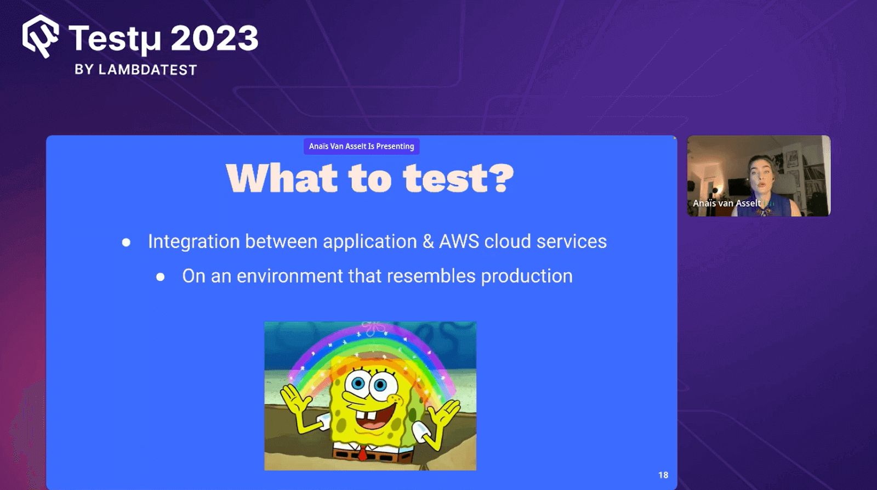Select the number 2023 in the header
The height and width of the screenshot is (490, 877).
tap(214, 38)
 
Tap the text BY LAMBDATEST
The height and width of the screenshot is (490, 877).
tap(135, 70)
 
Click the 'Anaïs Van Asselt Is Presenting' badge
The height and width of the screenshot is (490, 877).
tap(361, 147)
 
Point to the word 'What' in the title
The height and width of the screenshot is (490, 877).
tap(282, 178)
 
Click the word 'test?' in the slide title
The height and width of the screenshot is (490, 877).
tap(458, 178)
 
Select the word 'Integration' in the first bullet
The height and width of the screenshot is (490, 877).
tap(193, 241)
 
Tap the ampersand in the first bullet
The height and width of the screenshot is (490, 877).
tap(428, 241)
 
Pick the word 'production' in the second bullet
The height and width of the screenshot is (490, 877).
tap(526, 276)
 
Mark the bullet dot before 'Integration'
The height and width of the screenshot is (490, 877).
tap(126, 243)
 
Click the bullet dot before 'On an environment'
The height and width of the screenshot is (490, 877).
tap(160, 277)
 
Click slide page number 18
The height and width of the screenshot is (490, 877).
tap(663, 475)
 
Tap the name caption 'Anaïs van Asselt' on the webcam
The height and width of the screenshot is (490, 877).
tap(726, 204)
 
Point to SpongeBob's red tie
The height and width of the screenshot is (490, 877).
tap(362, 454)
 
